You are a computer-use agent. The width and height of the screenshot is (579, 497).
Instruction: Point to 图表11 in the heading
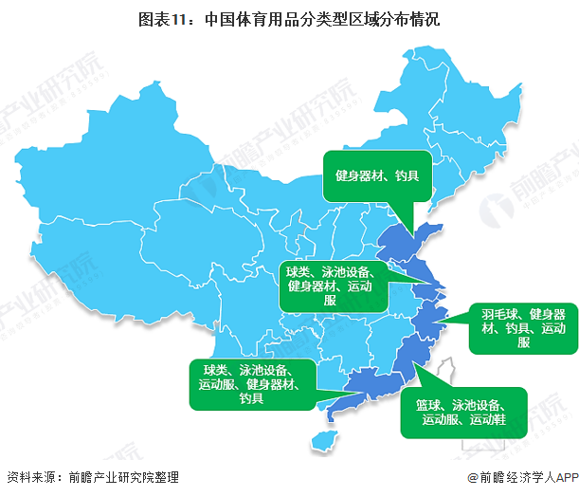pos(229,18)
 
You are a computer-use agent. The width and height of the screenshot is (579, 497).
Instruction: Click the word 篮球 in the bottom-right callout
pos(428,405)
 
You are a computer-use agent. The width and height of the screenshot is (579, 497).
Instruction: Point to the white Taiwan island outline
pos(450,376)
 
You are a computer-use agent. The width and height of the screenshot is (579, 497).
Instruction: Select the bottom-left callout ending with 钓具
pos(252,383)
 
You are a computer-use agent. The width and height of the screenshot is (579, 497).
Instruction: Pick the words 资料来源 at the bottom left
pos(30,478)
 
